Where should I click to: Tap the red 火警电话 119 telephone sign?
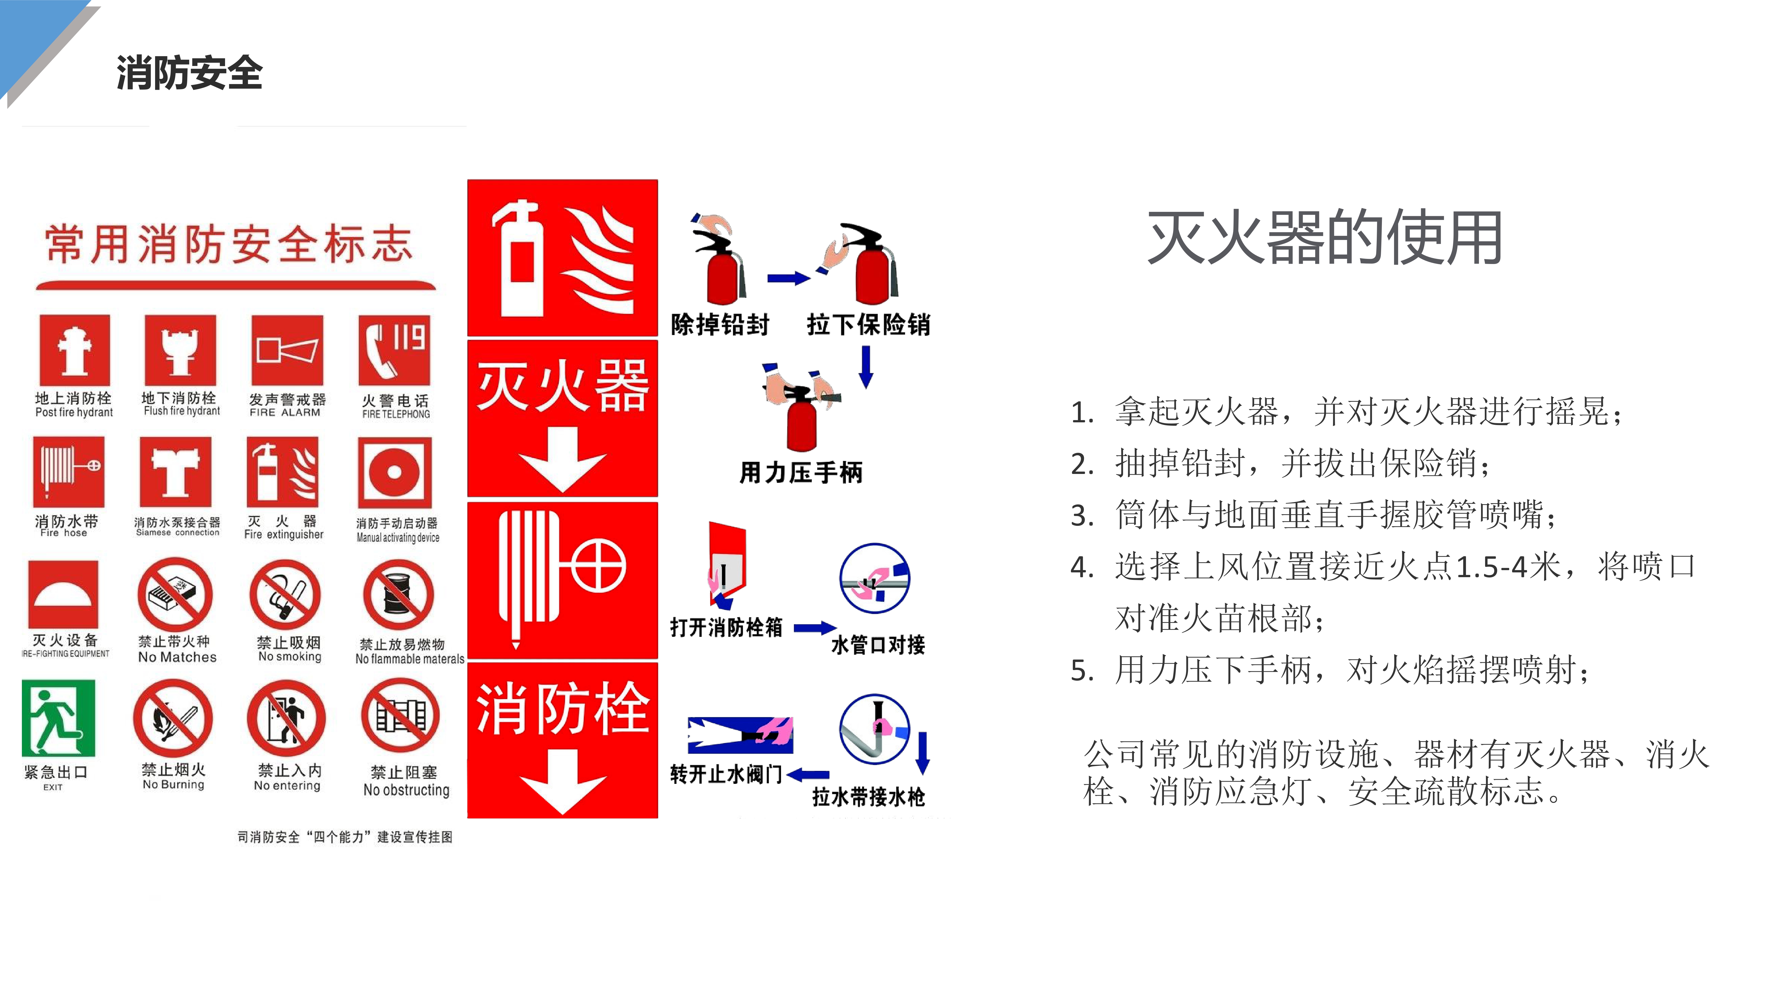[395, 350]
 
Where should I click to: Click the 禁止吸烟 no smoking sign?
[286, 595]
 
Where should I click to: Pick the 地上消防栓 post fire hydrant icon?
[75, 350]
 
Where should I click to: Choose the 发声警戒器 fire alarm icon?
[287, 350]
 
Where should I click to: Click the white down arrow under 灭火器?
[562, 459]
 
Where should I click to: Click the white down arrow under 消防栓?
[562, 781]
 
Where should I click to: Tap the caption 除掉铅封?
[720, 324]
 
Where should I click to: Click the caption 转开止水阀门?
[726, 774]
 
